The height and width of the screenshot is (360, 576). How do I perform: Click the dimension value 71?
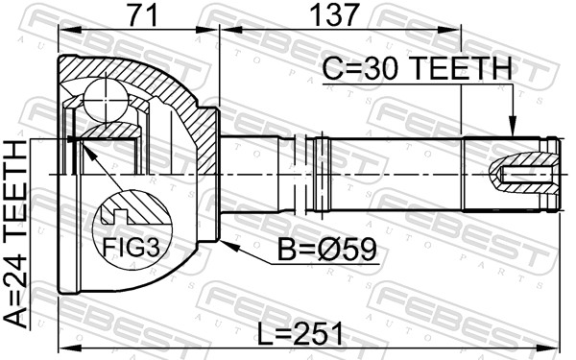click(x=144, y=14)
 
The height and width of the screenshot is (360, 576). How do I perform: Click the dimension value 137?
click(x=334, y=14)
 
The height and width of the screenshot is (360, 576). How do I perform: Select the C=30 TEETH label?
click(x=417, y=68)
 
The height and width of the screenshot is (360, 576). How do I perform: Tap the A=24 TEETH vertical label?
click(x=15, y=234)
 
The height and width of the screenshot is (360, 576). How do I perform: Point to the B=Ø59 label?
click(x=327, y=249)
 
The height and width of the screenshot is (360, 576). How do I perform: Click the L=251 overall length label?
click(x=300, y=333)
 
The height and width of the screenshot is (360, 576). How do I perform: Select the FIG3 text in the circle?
click(x=132, y=248)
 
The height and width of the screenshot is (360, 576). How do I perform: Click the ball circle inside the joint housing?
click(x=106, y=100)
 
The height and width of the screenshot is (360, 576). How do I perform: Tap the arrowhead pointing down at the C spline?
click(x=512, y=126)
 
